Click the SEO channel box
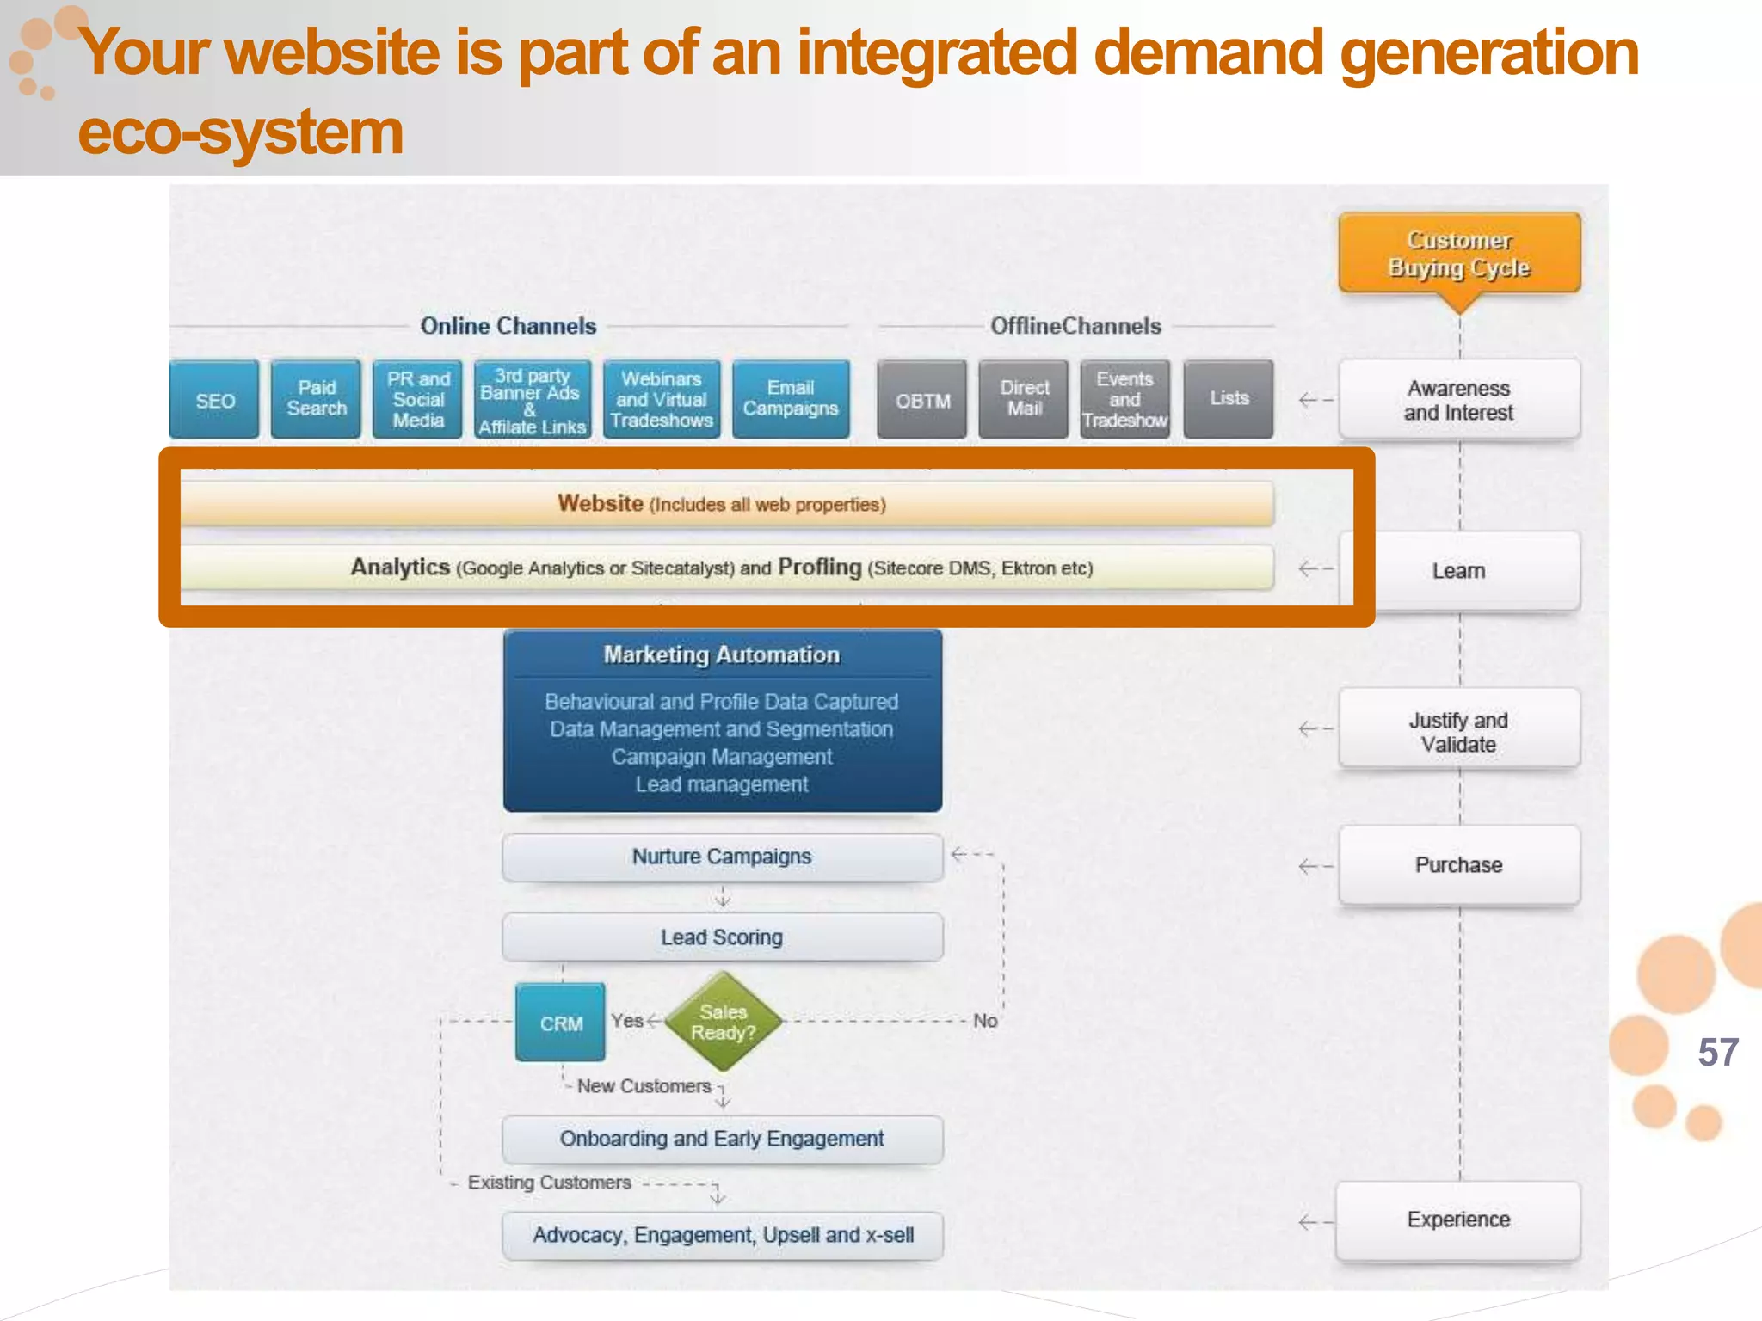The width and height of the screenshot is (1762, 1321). [x=214, y=400]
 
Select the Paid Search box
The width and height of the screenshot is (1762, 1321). [x=316, y=399]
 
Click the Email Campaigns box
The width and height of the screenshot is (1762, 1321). [x=791, y=399]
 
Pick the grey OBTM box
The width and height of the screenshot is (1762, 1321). [x=922, y=400]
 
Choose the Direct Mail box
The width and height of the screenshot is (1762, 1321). [x=1024, y=399]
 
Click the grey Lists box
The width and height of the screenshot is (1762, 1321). [x=1229, y=399]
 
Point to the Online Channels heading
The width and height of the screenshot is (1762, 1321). [x=508, y=326]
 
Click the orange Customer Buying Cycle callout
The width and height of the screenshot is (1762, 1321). [x=1459, y=254]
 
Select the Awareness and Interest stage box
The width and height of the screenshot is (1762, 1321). [x=1459, y=401]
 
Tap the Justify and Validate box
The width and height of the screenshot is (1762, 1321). [x=1459, y=731]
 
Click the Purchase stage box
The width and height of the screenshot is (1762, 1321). [x=1459, y=864]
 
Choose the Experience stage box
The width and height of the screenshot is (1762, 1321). [x=1459, y=1220]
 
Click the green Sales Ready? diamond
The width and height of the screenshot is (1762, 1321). [x=723, y=1022]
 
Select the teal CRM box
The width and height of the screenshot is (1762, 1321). [x=561, y=1023]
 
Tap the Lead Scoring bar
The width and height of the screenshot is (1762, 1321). [x=722, y=937]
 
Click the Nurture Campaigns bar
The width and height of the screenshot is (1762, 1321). [x=722, y=857]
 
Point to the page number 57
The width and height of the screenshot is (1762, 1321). [x=1718, y=1053]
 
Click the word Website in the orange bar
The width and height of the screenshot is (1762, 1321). [x=601, y=503]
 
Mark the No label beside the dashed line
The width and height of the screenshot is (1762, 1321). [x=985, y=1021]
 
